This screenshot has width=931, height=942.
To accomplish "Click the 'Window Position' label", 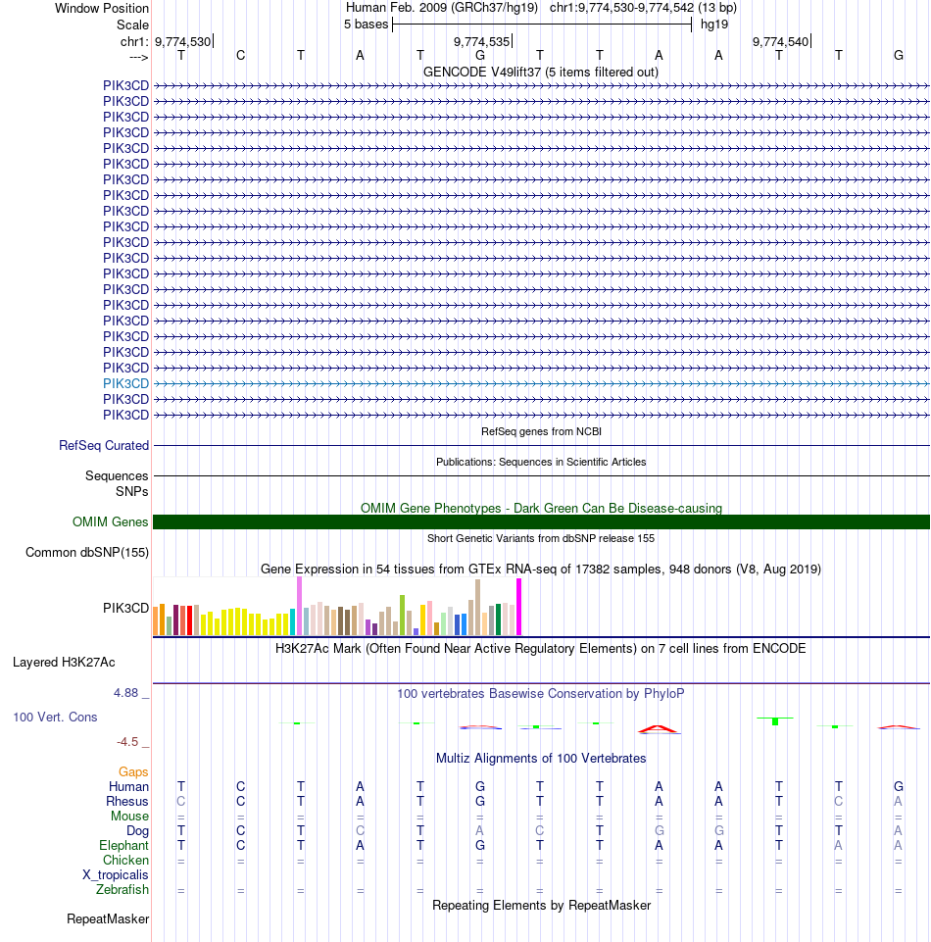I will (102, 8).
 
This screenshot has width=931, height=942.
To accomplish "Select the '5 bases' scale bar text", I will (366, 24).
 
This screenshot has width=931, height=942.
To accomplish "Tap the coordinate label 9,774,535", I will (481, 41).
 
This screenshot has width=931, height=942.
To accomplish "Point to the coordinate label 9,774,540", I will (780, 41).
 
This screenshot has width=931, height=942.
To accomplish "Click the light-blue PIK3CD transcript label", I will (125, 383).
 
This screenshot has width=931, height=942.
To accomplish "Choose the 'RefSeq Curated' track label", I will (104, 445).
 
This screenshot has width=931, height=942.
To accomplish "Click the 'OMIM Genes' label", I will (111, 522).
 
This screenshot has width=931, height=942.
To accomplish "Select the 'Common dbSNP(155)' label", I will (87, 553).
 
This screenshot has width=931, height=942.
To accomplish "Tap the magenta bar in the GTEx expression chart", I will (519, 607).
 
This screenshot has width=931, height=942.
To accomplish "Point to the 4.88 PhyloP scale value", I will (128, 693).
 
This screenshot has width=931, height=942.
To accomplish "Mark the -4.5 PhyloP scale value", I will (131, 742).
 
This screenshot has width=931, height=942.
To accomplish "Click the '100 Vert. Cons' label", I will (55, 718).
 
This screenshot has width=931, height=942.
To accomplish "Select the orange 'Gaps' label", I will (134, 771).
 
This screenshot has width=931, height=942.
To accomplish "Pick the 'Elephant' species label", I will (123, 845).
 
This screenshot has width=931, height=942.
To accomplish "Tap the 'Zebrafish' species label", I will (122, 890).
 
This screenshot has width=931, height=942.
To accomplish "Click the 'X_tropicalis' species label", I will (116, 874).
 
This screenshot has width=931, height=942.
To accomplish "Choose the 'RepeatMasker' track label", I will (108, 919).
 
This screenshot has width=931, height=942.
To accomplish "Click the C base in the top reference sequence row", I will (241, 55).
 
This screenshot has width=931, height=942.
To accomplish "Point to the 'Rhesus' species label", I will (127, 801).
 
